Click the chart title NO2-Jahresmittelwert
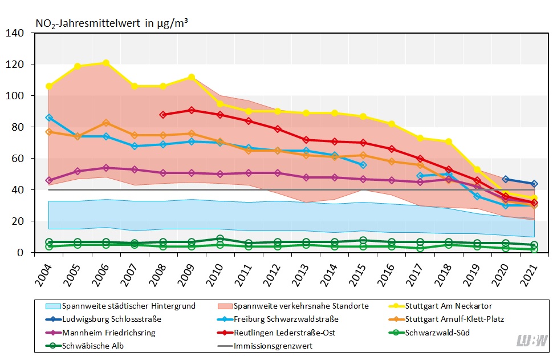click(x=112, y=23)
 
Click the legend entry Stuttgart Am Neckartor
click(x=448, y=306)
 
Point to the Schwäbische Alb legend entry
click(x=86, y=346)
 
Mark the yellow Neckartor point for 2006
click(x=106, y=63)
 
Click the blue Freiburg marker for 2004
click(x=49, y=118)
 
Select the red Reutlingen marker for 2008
click(x=163, y=115)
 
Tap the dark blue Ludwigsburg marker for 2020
click(x=505, y=180)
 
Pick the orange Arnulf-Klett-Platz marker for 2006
click(x=106, y=123)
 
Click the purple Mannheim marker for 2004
click(x=49, y=180)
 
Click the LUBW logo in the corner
click(x=532, y=341)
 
